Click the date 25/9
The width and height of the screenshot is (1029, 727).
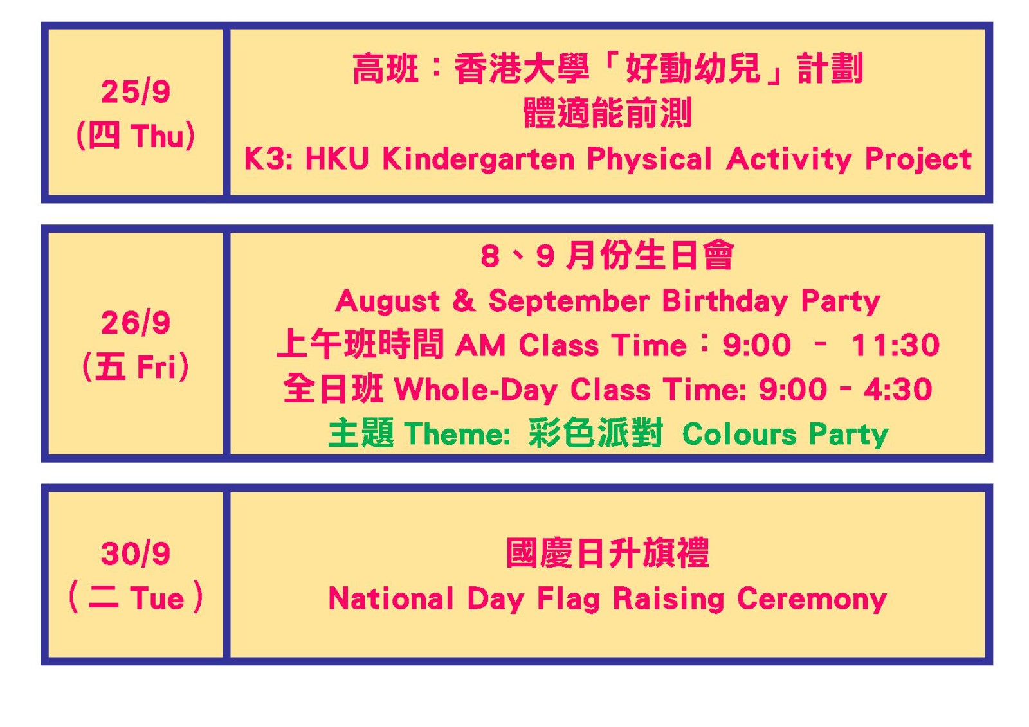pos(136,92)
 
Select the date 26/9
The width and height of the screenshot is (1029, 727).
pos(136,323)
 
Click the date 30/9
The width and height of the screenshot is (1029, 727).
pos(136,553)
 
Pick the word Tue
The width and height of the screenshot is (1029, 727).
pos(157,598)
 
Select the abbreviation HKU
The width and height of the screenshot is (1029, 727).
pos(337,159)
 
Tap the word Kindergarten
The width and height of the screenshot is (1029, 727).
pos(478,159)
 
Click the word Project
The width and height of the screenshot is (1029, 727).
pos(918,160)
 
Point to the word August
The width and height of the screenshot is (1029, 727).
pos(388,301)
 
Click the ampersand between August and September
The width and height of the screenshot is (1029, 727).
pos(464,301)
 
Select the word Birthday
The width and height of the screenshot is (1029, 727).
pos(725,301)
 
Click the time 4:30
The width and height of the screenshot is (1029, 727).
pos(898,390)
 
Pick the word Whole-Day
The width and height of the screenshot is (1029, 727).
pos(476,390)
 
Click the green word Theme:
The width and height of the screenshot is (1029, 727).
pos(457,433)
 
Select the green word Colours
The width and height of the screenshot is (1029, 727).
pos(739,433)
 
